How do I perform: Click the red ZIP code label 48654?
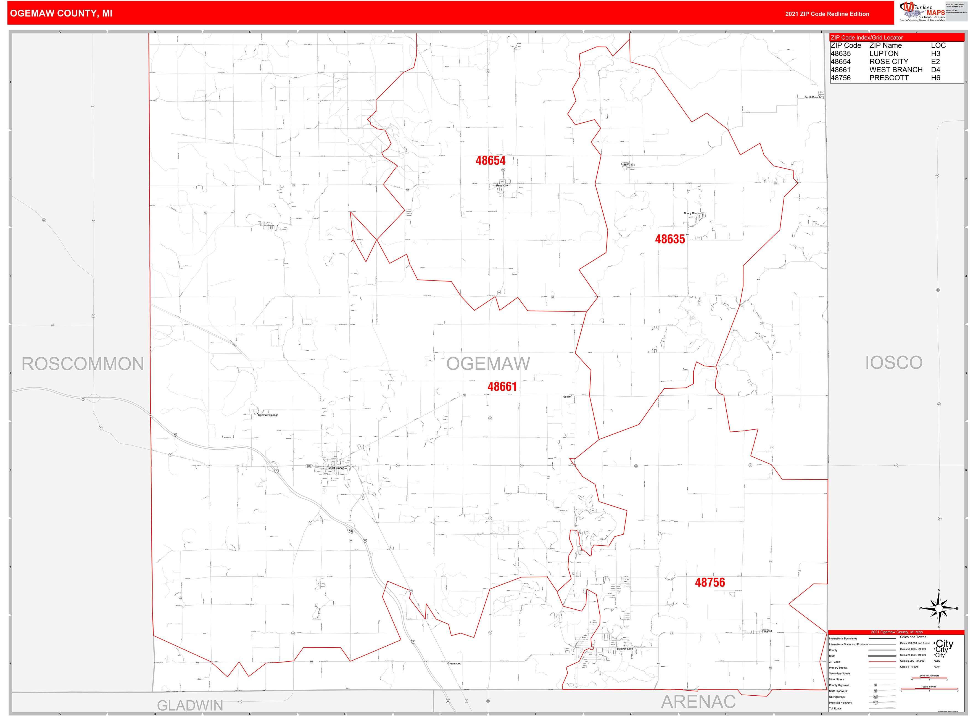pos(490,160)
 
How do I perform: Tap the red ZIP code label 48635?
pos(670,239)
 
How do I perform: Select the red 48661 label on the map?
pos(502,386)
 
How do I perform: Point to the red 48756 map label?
pos(710,582)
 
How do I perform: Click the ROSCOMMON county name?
pos(83,364)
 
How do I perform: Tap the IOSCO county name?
pos(893,363)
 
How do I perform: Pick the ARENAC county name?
pos(698,701)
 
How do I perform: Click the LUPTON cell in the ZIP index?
pos(884,54)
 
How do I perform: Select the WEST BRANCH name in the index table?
pos(896,70)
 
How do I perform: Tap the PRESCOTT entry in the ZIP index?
pos(889,78)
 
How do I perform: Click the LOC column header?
pos(938,45)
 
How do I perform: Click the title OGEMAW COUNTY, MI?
pos(61,14)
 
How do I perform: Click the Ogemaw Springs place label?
pos(268,415)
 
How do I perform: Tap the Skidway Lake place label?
pos(624,649)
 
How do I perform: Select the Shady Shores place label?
pos(692,213)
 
